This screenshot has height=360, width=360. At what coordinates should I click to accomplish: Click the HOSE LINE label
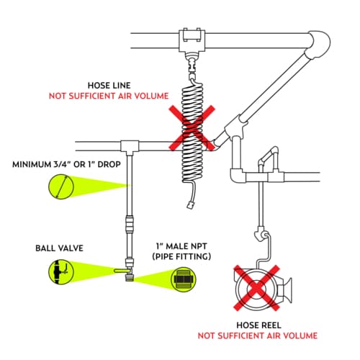click(x=109, y=86)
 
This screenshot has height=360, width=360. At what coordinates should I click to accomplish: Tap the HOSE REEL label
click(x=258, y=325)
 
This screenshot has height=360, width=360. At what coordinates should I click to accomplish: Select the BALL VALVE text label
click(x=59, y=248)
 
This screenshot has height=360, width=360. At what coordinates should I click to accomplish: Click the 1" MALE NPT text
click(x=181, y=246)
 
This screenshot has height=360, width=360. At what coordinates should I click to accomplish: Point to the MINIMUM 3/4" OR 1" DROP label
click(x=66, y=164)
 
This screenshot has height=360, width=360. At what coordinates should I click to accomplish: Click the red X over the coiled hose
click(x=192, y=128)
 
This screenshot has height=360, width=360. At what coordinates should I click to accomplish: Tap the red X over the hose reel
click(x=257, y=288)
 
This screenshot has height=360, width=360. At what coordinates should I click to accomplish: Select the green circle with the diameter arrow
click(x=61, y=186)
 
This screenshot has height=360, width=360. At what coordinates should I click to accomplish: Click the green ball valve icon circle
click(x=61, y=272)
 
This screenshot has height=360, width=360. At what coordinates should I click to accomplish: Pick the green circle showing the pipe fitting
click(x=184, y=279)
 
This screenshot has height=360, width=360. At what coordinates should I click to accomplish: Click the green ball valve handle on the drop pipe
click(x=122, y=271)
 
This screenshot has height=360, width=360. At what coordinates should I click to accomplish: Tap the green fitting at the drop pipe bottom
click(x=130, y=279)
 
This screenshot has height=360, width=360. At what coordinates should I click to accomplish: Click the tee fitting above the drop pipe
click(x=130, y=145)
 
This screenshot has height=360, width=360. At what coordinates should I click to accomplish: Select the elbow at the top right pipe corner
click(x=319, y=45)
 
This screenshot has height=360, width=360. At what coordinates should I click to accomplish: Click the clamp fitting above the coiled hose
click(x=192, y=40)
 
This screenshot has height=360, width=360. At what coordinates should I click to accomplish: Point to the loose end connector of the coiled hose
click(x=191, y=206)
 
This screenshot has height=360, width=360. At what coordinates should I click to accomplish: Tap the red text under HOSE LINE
click(x=109, y=96)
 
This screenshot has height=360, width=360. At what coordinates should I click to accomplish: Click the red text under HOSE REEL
click(x=258, y=336)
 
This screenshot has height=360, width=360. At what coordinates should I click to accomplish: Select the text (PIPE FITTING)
click(x=181, y=256)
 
